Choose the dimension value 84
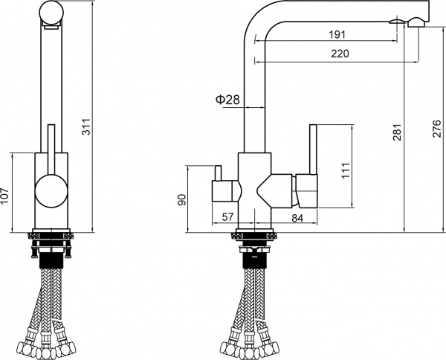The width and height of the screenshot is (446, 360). click(297, 217)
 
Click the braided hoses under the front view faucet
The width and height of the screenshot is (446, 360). click(51, 312)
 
